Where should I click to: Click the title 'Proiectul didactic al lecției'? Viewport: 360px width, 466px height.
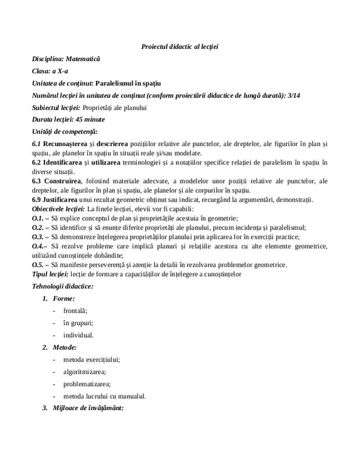(179, 46)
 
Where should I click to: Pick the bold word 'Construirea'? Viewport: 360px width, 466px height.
(62, 181)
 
